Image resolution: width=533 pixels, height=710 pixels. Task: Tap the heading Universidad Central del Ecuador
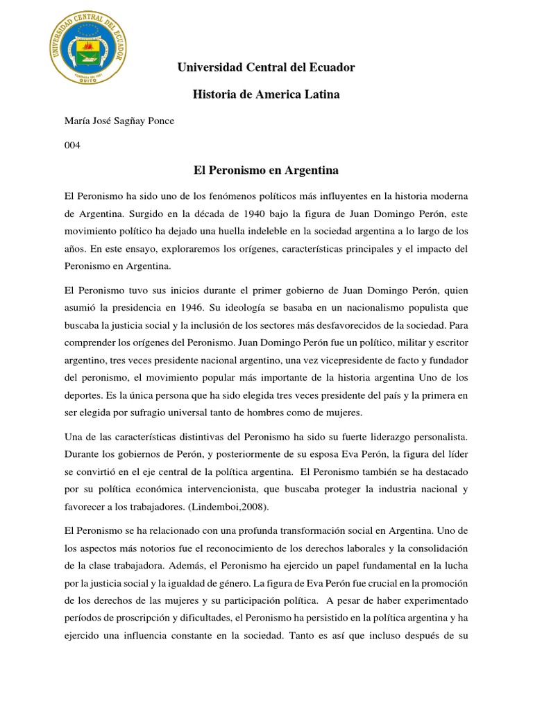(x=266, y=67)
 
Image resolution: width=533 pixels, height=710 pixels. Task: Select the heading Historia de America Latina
(x=266, y=94)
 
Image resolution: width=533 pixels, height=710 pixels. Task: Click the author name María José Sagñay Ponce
(x=119, y=121)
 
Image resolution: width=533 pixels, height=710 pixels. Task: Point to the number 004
(x=72, y=146)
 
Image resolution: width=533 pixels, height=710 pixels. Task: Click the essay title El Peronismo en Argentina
(x=266, y=170)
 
